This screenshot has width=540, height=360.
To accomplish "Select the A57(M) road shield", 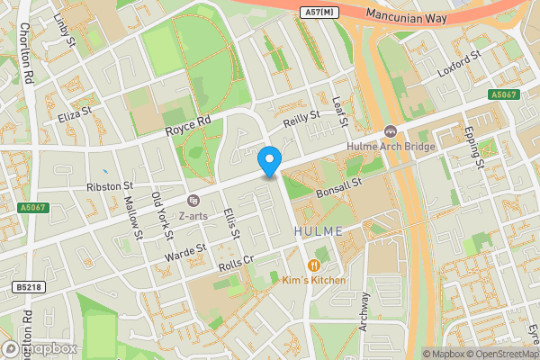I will pos(319,11).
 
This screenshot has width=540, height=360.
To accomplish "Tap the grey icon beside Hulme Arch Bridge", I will pos(391,132).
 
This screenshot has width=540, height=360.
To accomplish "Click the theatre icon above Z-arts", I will pos(193,200).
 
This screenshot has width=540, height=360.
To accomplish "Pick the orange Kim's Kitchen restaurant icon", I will pos(314,265).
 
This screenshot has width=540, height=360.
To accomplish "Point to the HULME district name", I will pos(319,231).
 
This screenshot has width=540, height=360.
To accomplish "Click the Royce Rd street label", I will pos(187,126).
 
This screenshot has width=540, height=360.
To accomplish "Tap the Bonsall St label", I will pos(338,189).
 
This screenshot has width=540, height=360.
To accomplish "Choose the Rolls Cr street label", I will pos(238,262).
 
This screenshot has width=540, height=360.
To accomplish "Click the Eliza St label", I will pos(75,117).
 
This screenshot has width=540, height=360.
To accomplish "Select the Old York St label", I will pos(162,214).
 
